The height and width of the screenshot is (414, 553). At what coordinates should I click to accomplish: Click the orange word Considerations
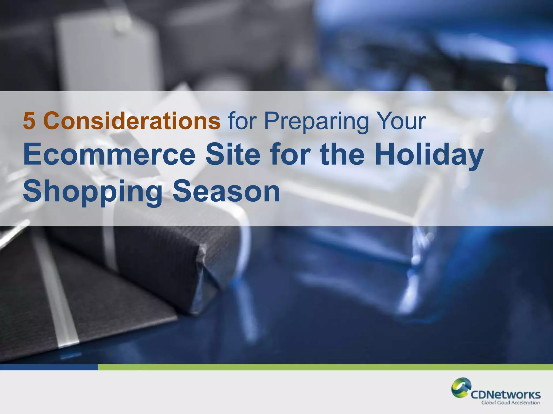coord(132,121)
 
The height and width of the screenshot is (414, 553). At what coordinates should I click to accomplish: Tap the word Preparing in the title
coord(316,122)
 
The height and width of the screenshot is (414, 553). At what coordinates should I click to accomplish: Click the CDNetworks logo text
coord(505,395)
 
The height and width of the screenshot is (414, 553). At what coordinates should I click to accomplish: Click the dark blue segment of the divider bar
coord(49,367)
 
